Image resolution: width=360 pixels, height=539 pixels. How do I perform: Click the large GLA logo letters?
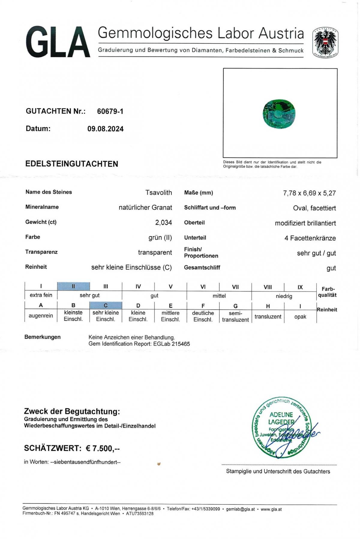(x=58, y=42)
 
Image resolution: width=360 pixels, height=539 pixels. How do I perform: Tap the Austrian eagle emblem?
(x=325, y=42)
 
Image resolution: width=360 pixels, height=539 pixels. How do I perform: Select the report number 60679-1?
(x=110, y=111)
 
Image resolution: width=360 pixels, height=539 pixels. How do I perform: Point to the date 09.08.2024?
(x=105, y=129)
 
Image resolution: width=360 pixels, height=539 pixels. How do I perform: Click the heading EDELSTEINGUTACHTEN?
(x=72, y=164)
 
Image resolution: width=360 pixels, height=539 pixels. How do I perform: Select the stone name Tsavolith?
(x=158, y=193)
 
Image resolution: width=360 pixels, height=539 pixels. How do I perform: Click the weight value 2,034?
(x=163, y=223)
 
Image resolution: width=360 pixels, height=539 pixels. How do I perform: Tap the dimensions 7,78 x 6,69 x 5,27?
(x=309, y=193)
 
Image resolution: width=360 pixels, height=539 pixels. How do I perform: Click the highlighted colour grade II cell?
(x=73, y=286)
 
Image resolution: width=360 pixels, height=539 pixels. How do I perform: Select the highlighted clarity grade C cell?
(x=106, y=305)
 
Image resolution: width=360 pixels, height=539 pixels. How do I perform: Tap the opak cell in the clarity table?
(x=300, y=317)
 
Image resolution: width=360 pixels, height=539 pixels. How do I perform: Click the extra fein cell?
(x=41, y=295)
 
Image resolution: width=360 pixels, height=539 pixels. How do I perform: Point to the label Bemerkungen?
(x=42, y=337)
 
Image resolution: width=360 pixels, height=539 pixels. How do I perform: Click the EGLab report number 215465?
(x=181, y=344)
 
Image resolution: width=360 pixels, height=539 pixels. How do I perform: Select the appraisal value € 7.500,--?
(x=103, y=448)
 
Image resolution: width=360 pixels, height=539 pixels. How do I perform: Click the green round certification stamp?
(x=281, y=428)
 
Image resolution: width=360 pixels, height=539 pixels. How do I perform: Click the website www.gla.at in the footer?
(x=271, y=509)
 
